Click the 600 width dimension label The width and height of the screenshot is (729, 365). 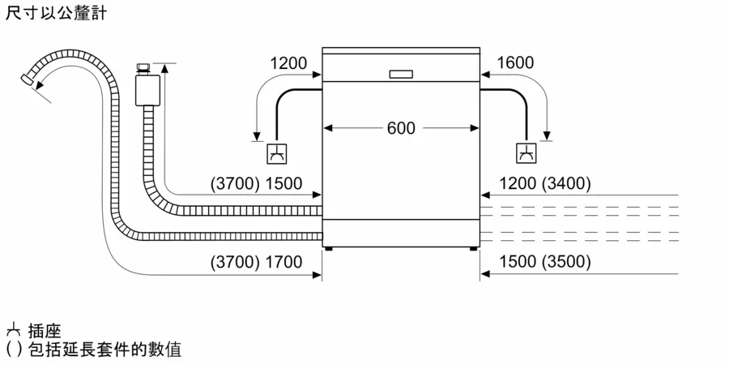(401, 128)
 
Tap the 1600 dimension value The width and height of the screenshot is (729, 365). (515, 62)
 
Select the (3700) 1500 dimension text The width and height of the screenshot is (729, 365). (256, 184)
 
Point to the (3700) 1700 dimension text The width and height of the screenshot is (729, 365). (256, 263)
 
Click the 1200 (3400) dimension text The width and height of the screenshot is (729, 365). (545, 184)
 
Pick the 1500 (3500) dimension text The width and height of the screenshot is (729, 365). (545, 263)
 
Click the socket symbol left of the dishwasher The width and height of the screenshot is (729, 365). (277, 153)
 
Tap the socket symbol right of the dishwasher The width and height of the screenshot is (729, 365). (526, 153)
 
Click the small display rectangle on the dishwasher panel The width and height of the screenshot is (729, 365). (401, 74)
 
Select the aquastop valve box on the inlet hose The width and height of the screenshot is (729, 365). (147, 90)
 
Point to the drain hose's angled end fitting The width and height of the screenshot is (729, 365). (27, 79)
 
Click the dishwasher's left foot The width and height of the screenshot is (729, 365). (329, 249)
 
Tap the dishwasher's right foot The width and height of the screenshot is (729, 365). (473, 249)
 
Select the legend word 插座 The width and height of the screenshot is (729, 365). (45, 332)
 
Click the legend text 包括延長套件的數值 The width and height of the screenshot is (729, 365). (104, 349)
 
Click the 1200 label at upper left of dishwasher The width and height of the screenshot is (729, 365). (288, 62)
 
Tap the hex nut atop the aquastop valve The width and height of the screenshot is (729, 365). (143, 69)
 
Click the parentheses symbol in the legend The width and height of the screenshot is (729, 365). (14, 349)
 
